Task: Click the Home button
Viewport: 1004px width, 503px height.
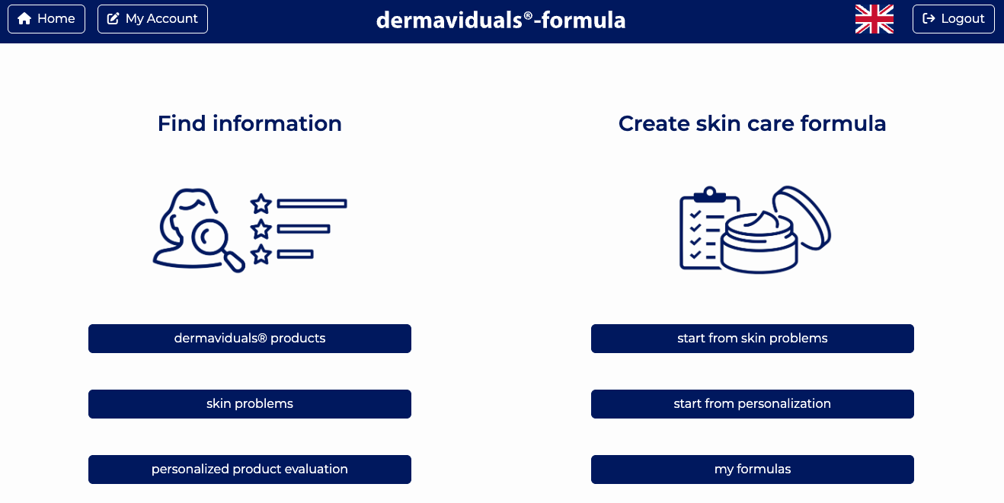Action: pos(46,19)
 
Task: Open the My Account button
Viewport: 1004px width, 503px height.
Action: pos(152,19)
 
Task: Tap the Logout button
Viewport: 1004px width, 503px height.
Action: pos(954,19)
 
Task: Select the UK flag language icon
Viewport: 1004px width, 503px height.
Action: pos(875,19)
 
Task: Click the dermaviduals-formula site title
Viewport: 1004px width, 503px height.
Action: pos(500,20)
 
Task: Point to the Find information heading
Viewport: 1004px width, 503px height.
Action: pos(249,123)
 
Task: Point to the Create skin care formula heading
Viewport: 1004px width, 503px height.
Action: pos(752,123)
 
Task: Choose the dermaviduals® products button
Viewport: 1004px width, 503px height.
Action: pos(249,339)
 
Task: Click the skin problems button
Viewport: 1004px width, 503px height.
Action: pos(249,404)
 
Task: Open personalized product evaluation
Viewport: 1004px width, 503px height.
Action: pos(249,470)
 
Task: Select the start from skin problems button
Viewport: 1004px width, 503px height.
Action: pos(752,339)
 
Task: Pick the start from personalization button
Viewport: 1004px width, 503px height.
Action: pos(752,404)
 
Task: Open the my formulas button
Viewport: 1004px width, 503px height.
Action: pos(752,470)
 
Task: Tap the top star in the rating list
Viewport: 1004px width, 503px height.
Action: pos(261,203)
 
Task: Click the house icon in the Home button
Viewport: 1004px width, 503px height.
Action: pos(24,19)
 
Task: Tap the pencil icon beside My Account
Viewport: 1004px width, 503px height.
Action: pos(114,19)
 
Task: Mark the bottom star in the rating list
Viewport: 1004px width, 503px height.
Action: pos(261,254)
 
